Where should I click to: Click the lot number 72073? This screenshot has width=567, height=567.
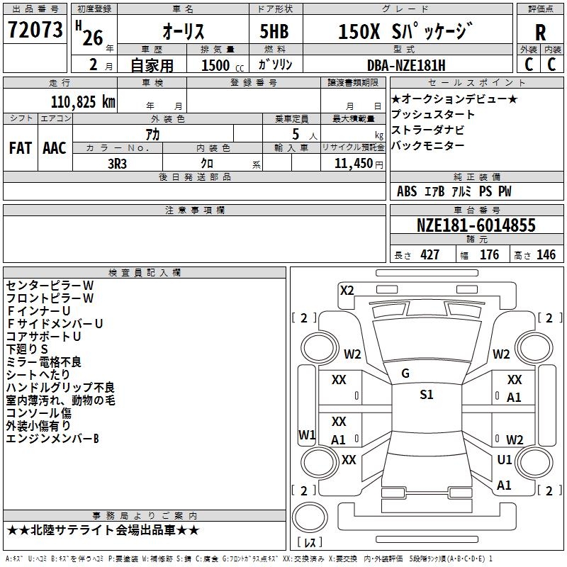[x=35, y=30]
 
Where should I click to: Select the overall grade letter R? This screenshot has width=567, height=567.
[x=540, y=33]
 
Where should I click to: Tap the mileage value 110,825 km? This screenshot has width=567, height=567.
[x=83, y=102]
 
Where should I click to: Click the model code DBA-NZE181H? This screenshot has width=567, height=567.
[x=406, y=65]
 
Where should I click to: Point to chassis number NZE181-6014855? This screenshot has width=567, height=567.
[x=476, y=225]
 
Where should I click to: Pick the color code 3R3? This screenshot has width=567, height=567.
[x=117, y=164]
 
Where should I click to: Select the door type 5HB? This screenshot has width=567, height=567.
[x=274, y=31]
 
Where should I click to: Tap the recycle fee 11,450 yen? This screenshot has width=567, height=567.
[x=359, y=164]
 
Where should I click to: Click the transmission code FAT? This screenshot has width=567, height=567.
[x=21, y=148]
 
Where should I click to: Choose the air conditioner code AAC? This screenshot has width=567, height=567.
[x=55, y=148]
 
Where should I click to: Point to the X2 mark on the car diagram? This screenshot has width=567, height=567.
[x=347, y=291]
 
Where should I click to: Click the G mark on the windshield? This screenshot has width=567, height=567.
[x=405, y=374]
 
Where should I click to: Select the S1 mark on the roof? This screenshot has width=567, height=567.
[x=427, y=395]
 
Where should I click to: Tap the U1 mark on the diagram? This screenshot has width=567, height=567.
[x=505, y=460]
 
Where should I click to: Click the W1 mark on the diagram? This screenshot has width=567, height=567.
[x=307, y=435]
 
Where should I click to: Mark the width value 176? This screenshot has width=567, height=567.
[x=489, y=254]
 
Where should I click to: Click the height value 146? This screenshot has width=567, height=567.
[x=546, y=254]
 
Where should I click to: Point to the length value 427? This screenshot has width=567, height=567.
[x=430, y=254]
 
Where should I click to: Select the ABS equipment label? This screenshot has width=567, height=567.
[x=407, y=191]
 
